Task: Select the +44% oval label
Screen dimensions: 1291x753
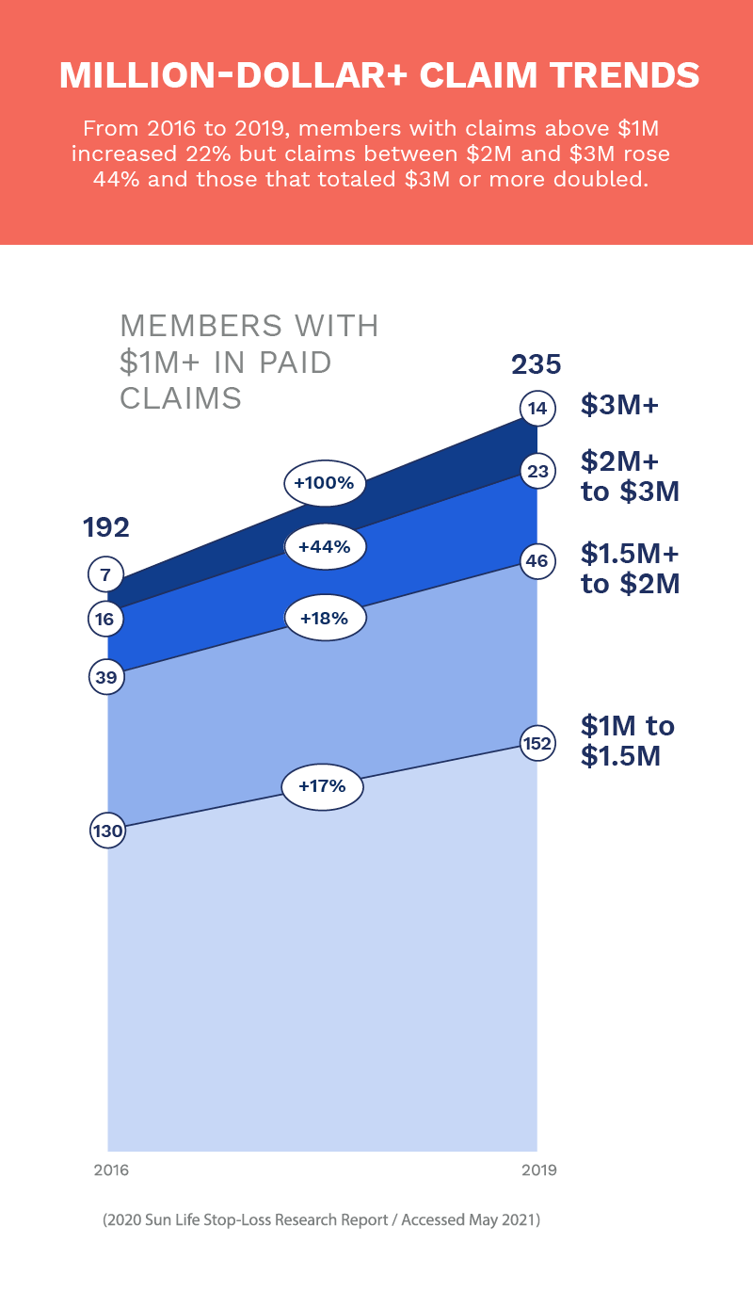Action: [x=324, y=547]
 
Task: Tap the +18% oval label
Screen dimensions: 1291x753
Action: [x=324, y=619]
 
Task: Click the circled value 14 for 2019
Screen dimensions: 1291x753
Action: [x=537, y=409]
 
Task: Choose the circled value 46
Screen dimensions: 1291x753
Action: [x=537, y=562]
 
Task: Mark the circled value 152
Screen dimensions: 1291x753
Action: [x=537, y=744]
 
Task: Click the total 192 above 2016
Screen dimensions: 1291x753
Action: [x=106, y=527]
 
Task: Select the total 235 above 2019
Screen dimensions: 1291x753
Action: [x=536, y=364]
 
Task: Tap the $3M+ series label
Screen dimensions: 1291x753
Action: [x=619, y=406]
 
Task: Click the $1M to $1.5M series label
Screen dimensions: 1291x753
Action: [x=628, y=740]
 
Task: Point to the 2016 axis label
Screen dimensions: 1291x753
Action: [x=111, y=1170]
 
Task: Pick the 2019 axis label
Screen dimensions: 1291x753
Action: [x=539, y=1170]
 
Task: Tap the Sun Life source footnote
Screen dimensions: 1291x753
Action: [x=322, y=1220]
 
